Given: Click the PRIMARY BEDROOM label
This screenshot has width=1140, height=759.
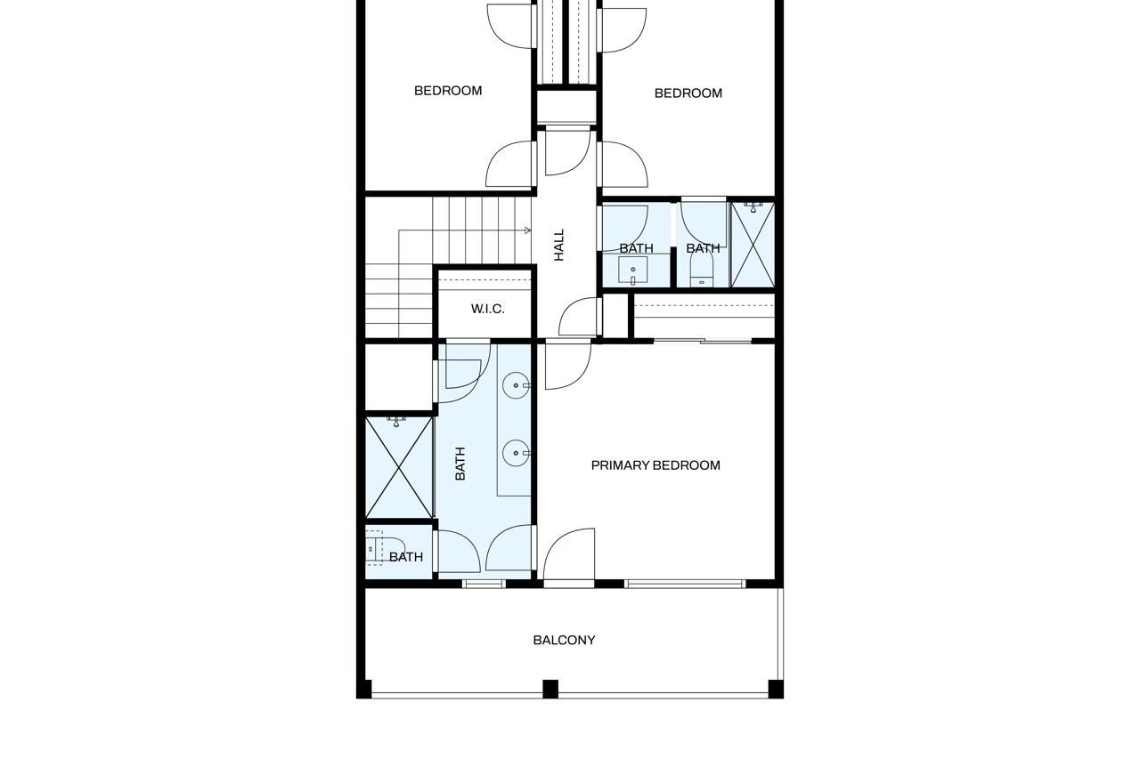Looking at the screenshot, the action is (x=655, y=465).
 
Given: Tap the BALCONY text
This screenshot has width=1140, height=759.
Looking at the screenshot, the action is (x=564, y=640).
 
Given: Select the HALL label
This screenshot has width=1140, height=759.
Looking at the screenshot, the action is (x=559, y=245).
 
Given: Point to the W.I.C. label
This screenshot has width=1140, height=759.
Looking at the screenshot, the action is (x=487, y=309).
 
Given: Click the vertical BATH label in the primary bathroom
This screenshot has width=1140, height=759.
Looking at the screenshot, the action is (x=460, y=464).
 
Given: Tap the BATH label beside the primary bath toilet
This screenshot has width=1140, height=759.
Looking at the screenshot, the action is (x=406, y=557).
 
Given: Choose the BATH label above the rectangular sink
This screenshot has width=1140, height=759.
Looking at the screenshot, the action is (x=636, y=248).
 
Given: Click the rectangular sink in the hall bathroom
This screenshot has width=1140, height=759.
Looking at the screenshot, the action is (x=633, y=270).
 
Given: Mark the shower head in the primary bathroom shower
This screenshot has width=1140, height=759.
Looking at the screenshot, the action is (x=396, y=422).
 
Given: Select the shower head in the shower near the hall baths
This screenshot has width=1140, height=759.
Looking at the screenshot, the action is (x=753, y=207).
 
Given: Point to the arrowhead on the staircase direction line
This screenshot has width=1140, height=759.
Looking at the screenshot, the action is (x=528, y=230).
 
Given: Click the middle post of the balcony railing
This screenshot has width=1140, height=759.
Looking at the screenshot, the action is (x=550, y=689).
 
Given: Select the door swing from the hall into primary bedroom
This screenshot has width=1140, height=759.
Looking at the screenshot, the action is (x=568, y=366).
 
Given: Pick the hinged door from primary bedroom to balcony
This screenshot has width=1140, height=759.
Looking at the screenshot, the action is (x=569, y=554).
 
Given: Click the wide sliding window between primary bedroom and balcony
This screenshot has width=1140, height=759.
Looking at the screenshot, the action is (x=685, y=584).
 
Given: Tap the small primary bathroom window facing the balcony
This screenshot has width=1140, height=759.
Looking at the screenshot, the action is (x=484, y=584).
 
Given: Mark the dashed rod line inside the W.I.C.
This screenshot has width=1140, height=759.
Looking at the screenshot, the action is (x=484, y=280).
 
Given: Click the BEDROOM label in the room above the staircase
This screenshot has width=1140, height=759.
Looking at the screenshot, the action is (x=448, y=91).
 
